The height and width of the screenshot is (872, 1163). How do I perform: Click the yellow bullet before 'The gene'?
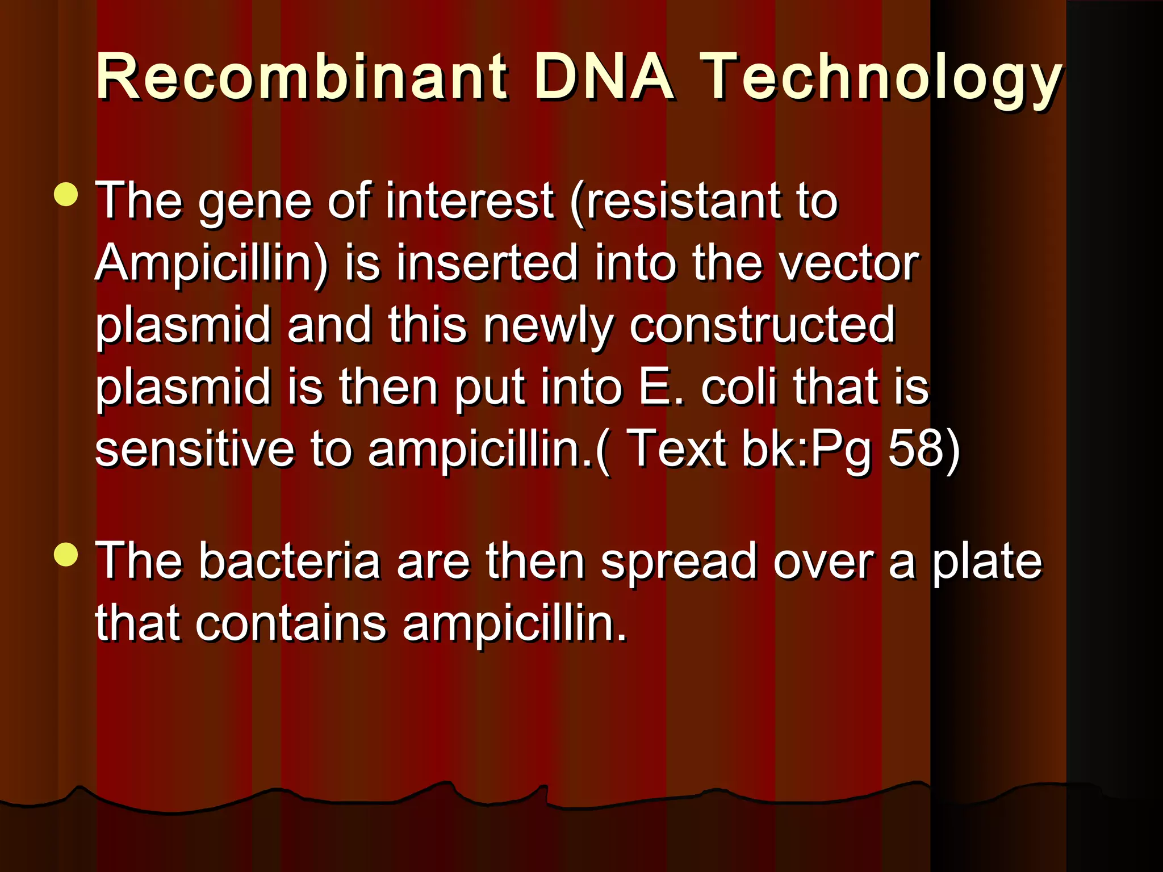[66, 194]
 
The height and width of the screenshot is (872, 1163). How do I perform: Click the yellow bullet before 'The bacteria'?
[66, 554]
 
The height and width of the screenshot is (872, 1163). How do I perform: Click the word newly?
[549, 326]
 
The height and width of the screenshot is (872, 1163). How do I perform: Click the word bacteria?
[289, 561]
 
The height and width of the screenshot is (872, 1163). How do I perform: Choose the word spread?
[678, 563]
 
